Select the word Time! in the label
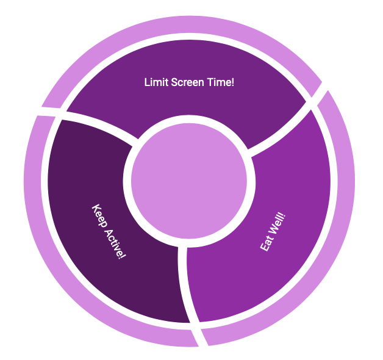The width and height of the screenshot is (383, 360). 219,82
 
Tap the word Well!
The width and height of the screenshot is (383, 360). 277,222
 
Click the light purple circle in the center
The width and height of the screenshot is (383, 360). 189,181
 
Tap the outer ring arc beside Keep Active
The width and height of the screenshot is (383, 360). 37,201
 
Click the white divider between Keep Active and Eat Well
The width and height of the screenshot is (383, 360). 182,281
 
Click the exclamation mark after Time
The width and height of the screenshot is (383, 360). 232,82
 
